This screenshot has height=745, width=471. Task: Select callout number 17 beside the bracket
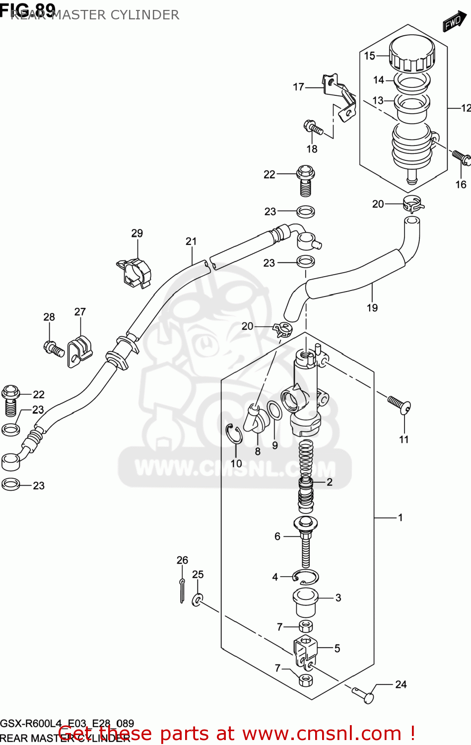(x=298, y=87)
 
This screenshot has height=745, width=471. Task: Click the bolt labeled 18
(x=313, y=127)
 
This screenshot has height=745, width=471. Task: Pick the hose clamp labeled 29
(x=135, y=272)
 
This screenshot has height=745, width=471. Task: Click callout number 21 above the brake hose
(x=191, y=241)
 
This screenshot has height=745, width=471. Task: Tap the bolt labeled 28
(x=54, y=348)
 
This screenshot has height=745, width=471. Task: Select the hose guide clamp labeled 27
(x=80, y=350)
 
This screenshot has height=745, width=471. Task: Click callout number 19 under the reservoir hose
(x=372, y=308)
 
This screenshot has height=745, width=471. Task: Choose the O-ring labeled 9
(x=274, y=412)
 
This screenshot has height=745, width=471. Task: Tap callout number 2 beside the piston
(x=329, y=482)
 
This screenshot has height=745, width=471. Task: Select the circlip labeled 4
(x=305, y=577)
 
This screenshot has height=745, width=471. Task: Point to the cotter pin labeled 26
(x=182, y=591)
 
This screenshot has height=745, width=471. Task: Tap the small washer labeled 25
(x=198, y=600)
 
